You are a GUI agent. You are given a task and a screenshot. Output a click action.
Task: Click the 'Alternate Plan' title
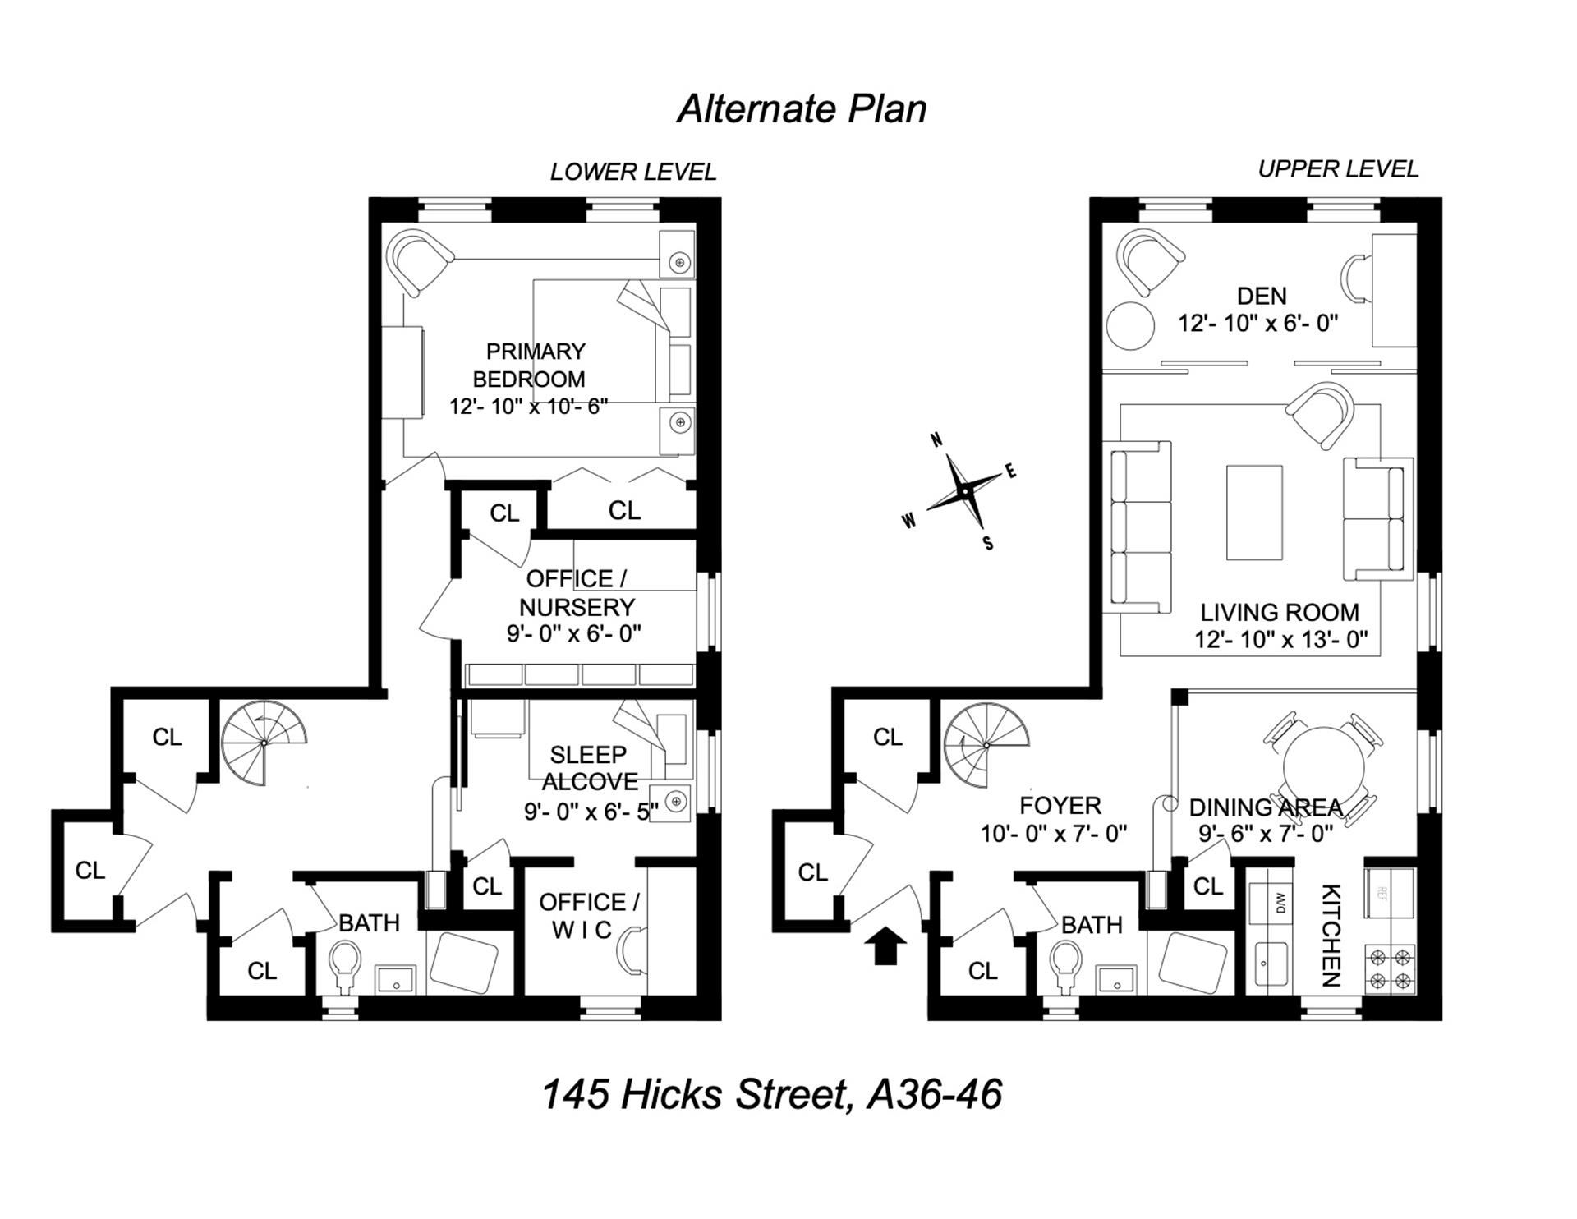click(x=802, y=109)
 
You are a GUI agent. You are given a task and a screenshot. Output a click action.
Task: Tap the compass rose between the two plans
click(x=963, y=490)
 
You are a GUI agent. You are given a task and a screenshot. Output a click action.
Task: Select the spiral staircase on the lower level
click(x=264, y=743)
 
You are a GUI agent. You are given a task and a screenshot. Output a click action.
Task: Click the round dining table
click(x=1323, y=767)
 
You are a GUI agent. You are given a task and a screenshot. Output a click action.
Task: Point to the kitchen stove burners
click(x=1391, y=969)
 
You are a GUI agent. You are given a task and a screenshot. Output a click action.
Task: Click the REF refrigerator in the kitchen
click(x=1391, y=893)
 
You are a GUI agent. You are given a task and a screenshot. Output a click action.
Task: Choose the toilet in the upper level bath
click(x=1067, y=964)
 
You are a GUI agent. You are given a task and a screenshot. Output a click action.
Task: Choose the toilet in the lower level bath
click(x=345, y=964)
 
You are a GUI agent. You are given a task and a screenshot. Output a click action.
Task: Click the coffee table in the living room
click(x=1254, y=513)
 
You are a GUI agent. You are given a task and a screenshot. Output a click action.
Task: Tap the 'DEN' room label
click(x=1262, y=296)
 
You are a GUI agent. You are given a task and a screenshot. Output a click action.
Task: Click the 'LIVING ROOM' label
click(x=1280, y=612)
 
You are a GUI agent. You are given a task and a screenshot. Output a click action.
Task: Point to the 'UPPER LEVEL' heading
click(x=1338, y=169)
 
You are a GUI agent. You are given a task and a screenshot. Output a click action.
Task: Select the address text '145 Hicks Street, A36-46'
click(x=772, y=1095)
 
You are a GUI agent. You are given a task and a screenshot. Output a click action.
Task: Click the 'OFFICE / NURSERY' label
click(x=577, y=593)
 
